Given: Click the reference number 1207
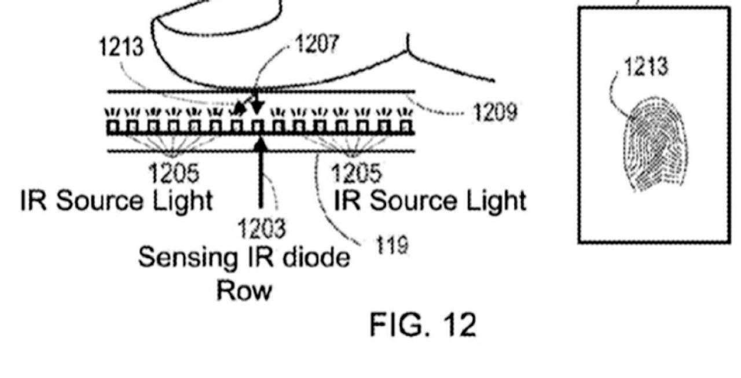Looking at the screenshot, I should [317, 45].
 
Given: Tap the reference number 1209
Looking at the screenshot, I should [496, 112].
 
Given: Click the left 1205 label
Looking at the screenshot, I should [174, 173].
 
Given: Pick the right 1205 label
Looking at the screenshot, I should [357, 173].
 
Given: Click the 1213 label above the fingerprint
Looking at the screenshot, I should [646, 67].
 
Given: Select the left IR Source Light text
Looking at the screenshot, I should [116, 201].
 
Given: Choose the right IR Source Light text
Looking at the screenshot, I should [430, 201].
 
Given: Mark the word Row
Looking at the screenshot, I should [244, 289].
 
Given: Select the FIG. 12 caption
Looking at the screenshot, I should [423, 325].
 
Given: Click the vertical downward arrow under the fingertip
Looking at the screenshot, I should [256, 102].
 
